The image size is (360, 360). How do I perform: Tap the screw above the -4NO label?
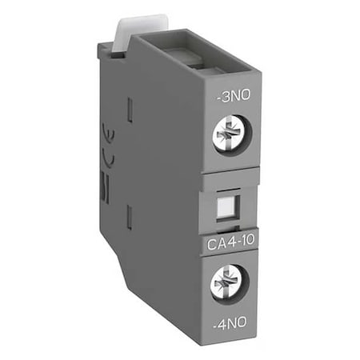point(230,283)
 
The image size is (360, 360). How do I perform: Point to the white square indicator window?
point(230,206)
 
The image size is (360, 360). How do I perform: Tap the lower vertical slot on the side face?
point(129,216)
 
